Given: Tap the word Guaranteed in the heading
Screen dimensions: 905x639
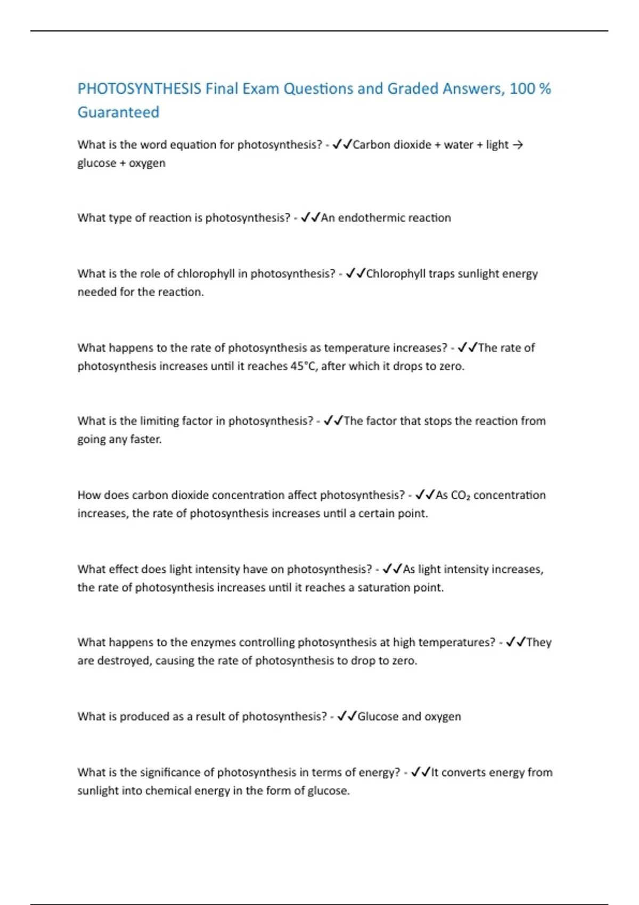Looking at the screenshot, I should [x=118, y=112].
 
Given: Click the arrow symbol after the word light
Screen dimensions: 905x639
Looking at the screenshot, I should [x=517, y=145].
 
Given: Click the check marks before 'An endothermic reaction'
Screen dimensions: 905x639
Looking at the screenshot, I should [x=310, y=218].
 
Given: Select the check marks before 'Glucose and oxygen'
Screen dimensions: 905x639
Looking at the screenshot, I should [x=347, y=717].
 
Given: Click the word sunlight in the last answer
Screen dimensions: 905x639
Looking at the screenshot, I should [x=97, y=791].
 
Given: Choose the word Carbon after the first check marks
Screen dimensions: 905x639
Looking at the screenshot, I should [x=371, y=145].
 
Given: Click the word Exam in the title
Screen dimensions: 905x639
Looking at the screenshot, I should [x=260, y=88].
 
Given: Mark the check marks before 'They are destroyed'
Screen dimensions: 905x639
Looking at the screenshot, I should [x=515, y=643].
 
